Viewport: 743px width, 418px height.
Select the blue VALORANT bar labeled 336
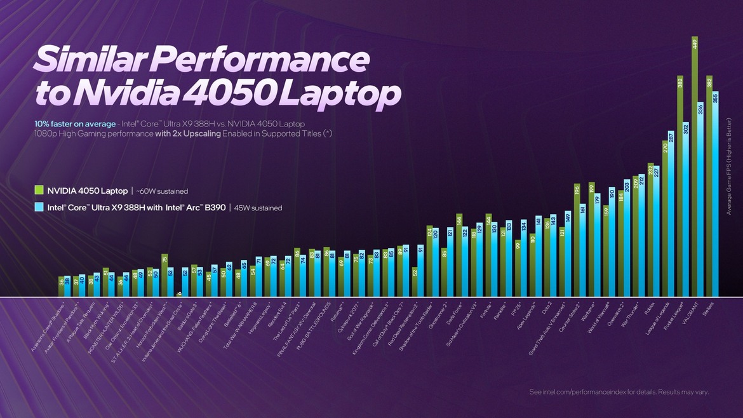coord(701,200)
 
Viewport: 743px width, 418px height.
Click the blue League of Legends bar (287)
coord(671,213)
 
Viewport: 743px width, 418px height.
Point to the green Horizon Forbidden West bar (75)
coord(164,276)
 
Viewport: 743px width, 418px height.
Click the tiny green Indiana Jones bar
coord(179,293)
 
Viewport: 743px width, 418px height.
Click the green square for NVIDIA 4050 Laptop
coord(39,190)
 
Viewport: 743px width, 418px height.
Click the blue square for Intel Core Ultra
coord(39,207)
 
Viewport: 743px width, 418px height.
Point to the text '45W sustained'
coord(258,208)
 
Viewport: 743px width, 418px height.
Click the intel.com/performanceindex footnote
coord(619,392)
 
